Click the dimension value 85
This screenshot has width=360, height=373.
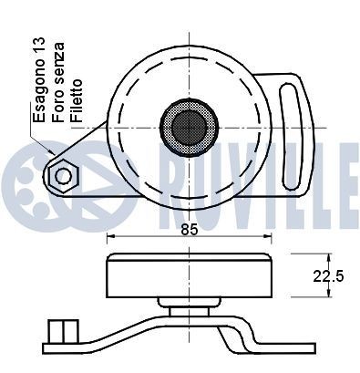pyautogui.click(x=190, y=229)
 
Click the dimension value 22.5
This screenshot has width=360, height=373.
pyautogui.click(x=328, y=276)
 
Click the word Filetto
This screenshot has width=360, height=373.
pyautogui.click(x=77, y=101)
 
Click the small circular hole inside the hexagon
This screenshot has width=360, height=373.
pyautogui.click(x=64, y=176)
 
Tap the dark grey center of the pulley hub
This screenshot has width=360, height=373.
pyautogui.click(x=189, y=127)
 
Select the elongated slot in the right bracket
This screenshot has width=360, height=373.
pyautogui.click(x=291, y=136)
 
